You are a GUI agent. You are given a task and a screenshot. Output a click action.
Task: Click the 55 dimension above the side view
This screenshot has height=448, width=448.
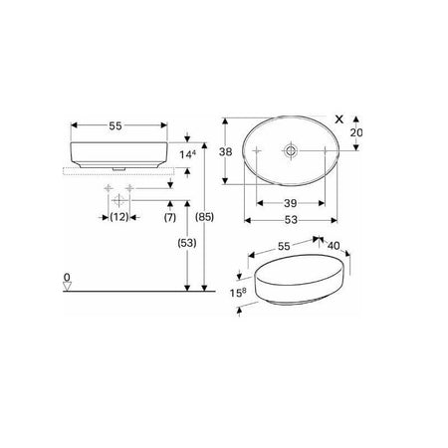click(x=115, y=125)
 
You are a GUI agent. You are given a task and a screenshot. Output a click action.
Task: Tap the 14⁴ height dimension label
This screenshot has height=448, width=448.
click(x=188, y=154)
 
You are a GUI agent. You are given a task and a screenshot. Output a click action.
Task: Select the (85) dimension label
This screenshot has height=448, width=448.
click(x=204, y=217)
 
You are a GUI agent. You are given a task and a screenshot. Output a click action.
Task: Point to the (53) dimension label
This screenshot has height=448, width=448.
click(x=187, y=243)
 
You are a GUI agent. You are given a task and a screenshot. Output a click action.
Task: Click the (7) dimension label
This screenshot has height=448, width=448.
click(x=170, y=217)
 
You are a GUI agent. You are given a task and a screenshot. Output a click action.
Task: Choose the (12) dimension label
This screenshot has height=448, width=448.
click(x=119, y=217)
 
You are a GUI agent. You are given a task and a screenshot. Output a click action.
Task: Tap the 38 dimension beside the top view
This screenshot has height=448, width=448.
click(x=225, y=152)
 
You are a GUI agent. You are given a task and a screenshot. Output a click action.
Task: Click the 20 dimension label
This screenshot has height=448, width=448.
click(x=356, y=132)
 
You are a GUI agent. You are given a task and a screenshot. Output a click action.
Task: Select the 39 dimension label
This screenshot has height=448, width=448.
click(x=291, y=203)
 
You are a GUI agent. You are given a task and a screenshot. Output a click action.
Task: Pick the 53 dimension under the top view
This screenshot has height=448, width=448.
click(x=291, y=220)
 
